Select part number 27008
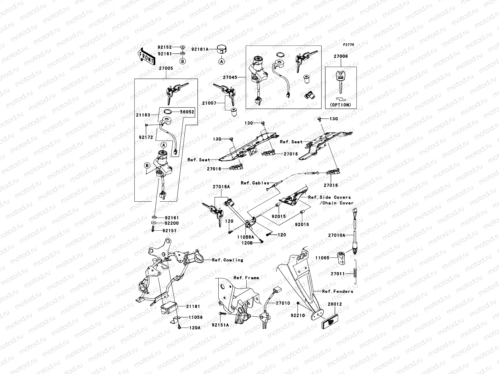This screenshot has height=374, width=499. tap(341, 56)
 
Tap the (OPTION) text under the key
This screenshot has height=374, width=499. tap(340, 105)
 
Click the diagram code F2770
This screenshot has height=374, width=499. tap(349, 45)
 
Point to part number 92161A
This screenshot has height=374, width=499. tap(199, 49)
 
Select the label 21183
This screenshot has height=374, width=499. tap(143, 115)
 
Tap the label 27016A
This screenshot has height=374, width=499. tap(221, 187)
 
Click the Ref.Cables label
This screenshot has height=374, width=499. tap(255, 183)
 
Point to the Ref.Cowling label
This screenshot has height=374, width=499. tap(227, 260)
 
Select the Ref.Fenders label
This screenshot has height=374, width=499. tap(337, 291)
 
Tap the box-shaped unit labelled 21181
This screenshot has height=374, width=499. tap(169, 308)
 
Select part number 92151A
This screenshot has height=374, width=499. tap(220, 325)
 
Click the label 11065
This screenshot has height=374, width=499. tap(322, 258)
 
